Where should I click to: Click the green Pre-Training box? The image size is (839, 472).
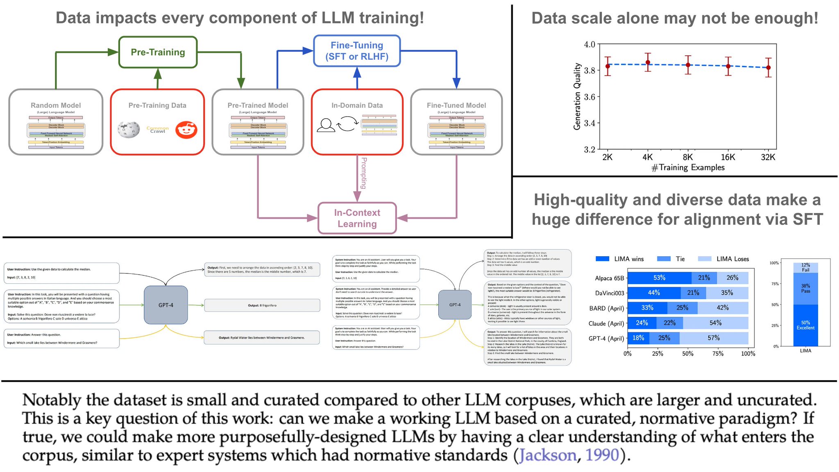(158, 52)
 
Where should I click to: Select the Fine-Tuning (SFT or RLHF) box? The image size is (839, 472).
(357, 51)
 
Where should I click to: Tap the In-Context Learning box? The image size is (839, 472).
(357, 218)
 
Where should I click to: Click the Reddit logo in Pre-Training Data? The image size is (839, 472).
(186, 130)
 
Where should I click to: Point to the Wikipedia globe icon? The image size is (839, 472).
(128, 130)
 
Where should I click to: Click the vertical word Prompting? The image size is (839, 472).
(363, 173)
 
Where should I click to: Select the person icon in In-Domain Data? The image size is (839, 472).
(326, 125)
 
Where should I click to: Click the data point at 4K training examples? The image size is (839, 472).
(648, 62)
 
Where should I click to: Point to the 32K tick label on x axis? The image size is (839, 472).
(768, 157)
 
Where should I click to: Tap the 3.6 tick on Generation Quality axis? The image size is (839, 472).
(589, 97)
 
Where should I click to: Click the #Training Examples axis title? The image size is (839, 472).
(688, 167)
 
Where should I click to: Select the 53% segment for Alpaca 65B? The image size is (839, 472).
(659, 278)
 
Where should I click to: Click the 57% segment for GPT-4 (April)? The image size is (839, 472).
(713, 338)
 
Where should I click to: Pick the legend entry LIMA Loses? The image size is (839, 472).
(732, 259)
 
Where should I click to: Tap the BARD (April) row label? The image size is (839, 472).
(606, 308)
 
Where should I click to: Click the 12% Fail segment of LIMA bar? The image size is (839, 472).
(805, 267)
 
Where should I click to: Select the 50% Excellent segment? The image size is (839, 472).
(805, 325)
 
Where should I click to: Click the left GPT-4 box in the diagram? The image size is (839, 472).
(166, 305)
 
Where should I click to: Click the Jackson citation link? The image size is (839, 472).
(548, 455)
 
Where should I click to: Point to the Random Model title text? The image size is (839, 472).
(56, 105)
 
